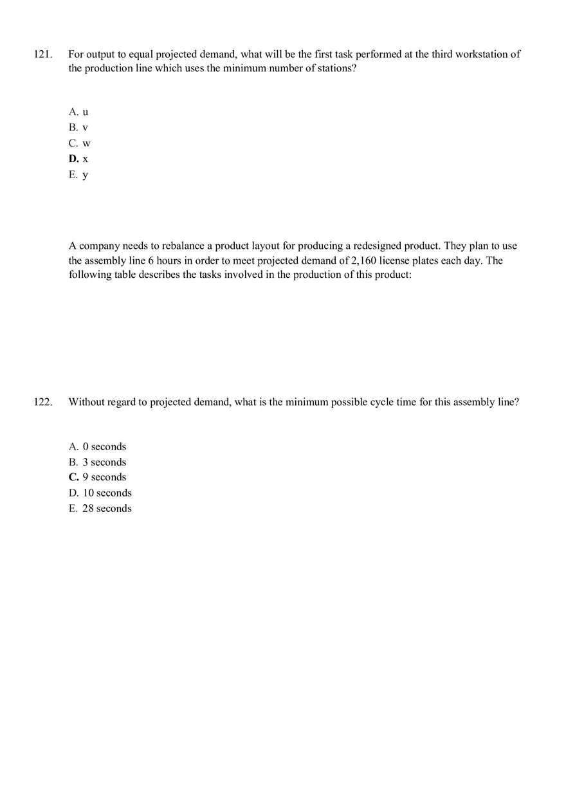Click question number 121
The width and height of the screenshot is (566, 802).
42,55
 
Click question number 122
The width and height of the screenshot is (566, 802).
42,403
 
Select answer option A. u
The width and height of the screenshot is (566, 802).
78,112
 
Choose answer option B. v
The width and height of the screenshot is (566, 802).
78,127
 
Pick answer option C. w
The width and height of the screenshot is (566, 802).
80,143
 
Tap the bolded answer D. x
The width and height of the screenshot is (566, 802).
78,159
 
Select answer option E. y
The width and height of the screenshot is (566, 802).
78,174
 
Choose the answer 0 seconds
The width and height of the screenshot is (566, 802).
98,447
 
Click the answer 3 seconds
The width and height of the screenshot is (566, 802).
98,462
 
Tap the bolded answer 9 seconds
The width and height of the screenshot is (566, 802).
98,477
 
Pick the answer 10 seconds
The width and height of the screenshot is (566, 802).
100,493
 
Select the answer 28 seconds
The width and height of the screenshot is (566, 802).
100,509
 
